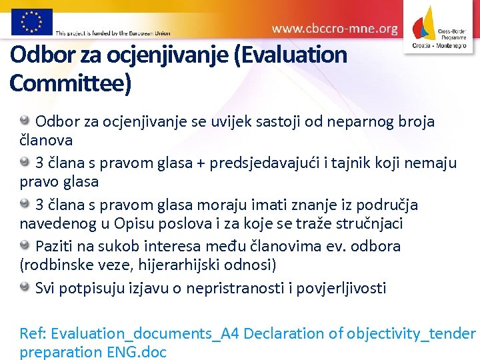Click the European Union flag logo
coord(31,21)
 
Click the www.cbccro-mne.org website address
coord(335,29)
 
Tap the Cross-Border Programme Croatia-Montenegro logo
coord(441,27)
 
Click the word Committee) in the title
coord(71,83)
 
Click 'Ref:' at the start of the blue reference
coord(33,333)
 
